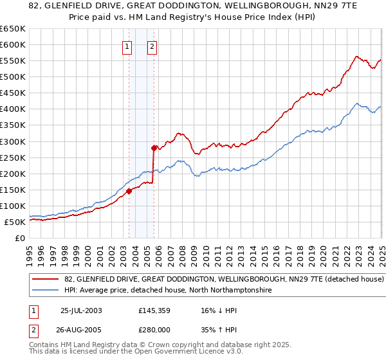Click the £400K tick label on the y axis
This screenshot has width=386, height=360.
12,109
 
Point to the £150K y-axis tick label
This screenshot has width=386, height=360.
12,190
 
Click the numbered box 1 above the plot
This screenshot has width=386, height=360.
127,46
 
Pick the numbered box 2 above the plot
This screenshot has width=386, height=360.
152,46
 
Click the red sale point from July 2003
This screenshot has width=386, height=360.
129,190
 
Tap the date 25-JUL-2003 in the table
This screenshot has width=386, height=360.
81,310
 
